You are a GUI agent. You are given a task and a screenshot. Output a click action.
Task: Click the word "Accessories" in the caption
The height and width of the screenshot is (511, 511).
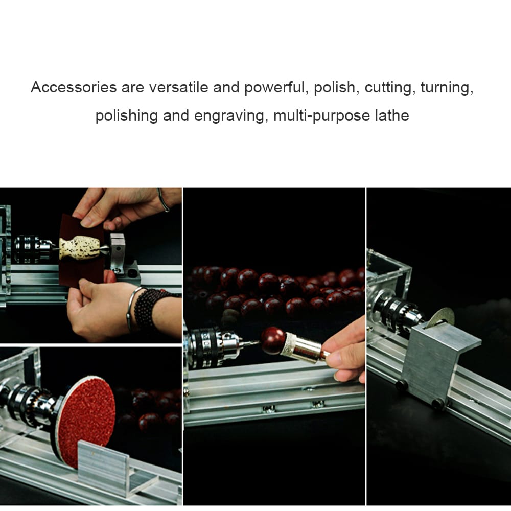click(x=74, y=87)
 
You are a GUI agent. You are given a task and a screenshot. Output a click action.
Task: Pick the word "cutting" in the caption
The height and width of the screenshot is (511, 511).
click(x=388, y=87)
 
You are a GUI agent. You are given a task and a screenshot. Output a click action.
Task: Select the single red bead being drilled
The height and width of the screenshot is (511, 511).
click(x=273, y=340)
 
